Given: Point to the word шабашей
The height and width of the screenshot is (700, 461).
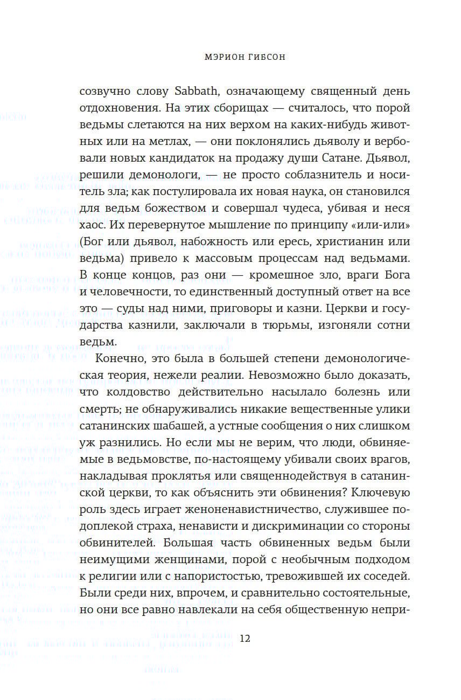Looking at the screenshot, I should tap(171, 426).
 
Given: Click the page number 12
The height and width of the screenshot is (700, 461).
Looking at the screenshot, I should tap(245, 639).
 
